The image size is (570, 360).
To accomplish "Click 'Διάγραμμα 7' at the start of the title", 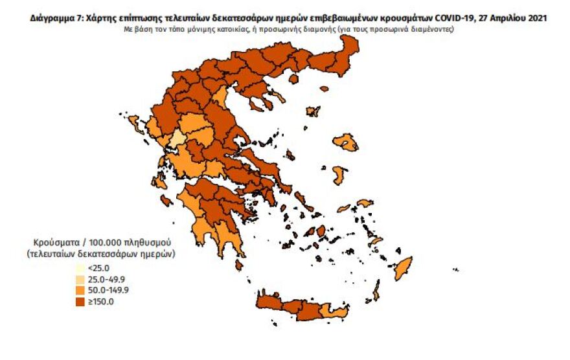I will pyautogui.click(x=54, y=19).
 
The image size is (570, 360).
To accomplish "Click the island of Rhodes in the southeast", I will pyautogui.click(x=404, y=265).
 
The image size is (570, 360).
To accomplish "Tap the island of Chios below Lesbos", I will pyautogui.click(x=339, y=174).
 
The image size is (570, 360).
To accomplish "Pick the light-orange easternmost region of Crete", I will pyautogui.click(x=339, y=312).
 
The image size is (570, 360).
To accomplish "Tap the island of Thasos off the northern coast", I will pyautogui.click(x=292, y=79).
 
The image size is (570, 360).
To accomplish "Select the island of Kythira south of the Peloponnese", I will pyautogui.click(x=239, y=265).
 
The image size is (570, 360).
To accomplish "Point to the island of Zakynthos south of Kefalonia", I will pyautogui.click(x=166, y=202).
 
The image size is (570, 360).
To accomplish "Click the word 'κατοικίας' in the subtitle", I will pyautogui.click(x=234, y=30).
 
